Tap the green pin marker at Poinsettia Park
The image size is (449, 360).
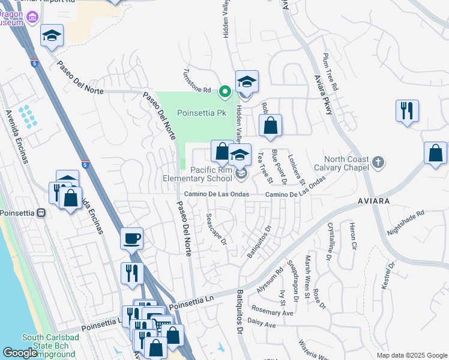(225, 92)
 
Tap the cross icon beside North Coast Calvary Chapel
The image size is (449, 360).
(378, 162)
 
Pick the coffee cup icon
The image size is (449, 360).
(131, 238)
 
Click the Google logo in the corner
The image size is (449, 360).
(20, 353)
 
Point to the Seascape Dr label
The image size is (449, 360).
(215, 229)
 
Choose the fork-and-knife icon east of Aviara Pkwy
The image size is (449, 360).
(407, 110)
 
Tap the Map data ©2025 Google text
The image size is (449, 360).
(411, 355)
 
